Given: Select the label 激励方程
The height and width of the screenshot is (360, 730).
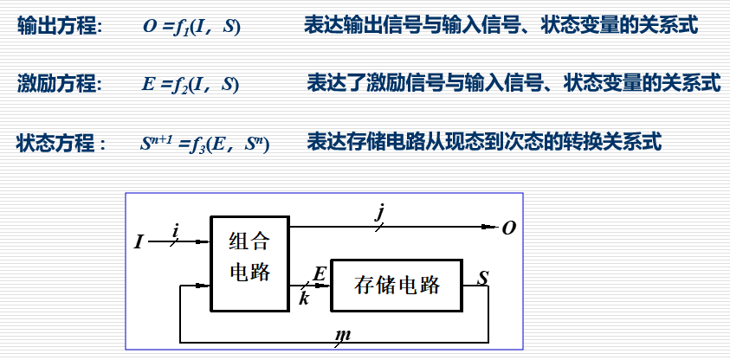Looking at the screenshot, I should click(x=58, y=84).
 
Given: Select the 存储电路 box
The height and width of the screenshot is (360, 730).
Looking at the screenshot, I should click(x=397, y=285).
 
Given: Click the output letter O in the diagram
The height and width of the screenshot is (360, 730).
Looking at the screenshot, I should click(x=509, y=228).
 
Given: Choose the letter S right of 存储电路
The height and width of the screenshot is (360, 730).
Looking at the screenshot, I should click(x=483, y=278).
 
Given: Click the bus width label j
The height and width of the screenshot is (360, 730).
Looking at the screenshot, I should click(x=379, y=212).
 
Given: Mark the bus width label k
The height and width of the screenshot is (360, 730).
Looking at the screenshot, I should click(x=304, y=299).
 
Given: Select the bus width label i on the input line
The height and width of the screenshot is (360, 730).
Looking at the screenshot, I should click(x=176, y=229).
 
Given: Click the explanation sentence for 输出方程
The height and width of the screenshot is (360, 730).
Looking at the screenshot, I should click(x=501, y=26).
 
